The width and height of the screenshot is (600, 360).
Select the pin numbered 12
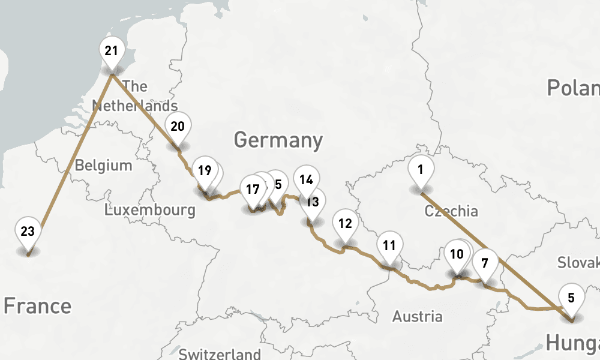tap(345, 224)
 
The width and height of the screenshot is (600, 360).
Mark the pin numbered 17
tap(253, 190)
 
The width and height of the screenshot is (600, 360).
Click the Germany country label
tap(278, 140)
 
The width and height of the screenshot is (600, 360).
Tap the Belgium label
tap(103, 165)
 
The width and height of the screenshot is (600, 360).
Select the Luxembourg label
tap(149, 210)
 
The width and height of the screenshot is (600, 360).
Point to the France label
tap(37, 306)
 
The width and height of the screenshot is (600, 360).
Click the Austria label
tap(418, 316)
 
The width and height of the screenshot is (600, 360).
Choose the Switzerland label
tap(220, 354)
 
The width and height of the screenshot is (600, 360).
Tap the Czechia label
tap(451, 211)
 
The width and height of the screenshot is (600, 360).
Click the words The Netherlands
tap(134, 96)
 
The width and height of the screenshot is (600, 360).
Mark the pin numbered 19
tap(205, 171)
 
